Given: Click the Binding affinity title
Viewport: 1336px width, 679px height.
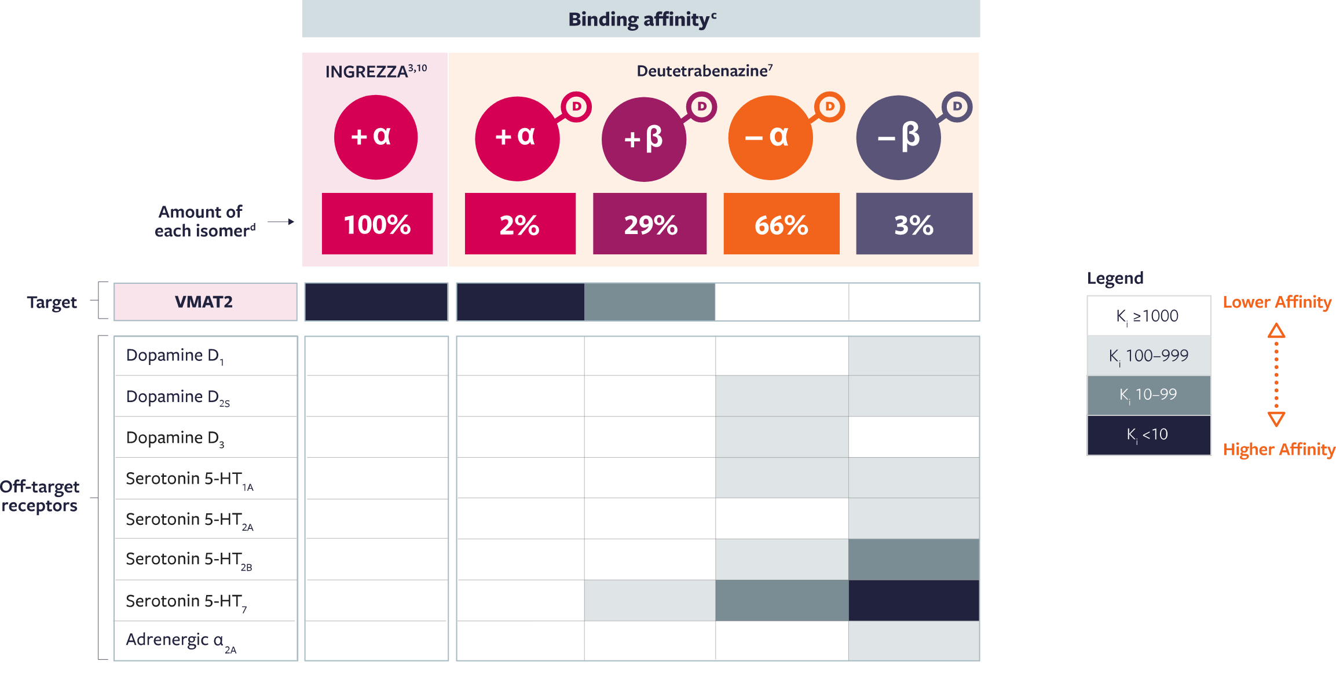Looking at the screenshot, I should (642, 19).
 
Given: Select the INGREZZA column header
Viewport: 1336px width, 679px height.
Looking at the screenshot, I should (375, 71).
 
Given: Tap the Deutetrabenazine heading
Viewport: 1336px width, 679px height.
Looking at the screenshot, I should (704, 71).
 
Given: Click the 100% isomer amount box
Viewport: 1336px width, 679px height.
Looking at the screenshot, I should (377, 224).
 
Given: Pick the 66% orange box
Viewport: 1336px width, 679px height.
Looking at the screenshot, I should (781, 224).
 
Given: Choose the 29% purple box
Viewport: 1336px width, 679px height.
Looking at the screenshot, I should (650, 224).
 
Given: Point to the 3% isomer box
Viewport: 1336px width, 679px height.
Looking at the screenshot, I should (914, 224).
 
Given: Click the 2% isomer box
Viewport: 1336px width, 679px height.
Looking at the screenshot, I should (519, 224).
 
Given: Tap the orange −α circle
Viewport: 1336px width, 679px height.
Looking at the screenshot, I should (770, 137).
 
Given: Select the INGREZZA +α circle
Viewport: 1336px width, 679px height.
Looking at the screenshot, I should (375, 137).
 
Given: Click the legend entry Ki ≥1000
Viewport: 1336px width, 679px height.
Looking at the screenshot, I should (1148, 316).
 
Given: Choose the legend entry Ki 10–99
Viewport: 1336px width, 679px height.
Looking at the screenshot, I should (1148, 395).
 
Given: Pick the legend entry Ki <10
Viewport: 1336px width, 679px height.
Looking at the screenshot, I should (1148, 435).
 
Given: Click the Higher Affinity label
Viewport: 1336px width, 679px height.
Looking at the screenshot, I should (1279, 450).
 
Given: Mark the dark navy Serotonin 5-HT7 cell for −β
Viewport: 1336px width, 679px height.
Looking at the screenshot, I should (914, 600).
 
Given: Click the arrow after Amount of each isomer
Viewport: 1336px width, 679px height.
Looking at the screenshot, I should (281, 222).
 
